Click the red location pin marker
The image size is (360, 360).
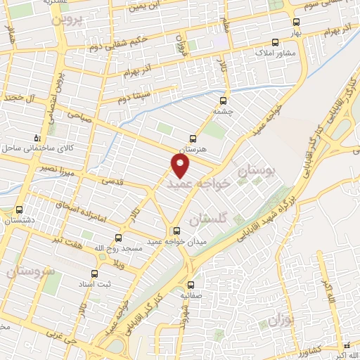[181, 166]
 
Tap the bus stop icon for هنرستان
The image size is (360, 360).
[193, 139]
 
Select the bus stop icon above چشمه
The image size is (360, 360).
[224, 100]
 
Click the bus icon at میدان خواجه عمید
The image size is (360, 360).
[176, 231]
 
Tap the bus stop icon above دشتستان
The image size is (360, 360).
[19, 210]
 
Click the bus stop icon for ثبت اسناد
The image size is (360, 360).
[94, 274]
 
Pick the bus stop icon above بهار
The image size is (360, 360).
[295, 22]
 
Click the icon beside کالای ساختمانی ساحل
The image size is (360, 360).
[37, 137]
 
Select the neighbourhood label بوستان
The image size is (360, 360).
[259, 169]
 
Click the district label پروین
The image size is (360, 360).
[67, 19]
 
